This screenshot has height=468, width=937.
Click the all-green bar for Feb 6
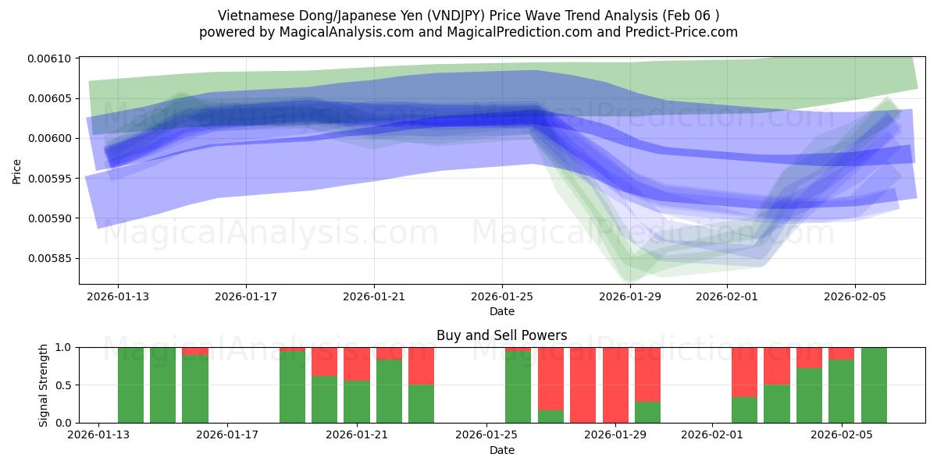tap(874, 385)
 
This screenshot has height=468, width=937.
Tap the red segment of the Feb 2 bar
tap(744, 372)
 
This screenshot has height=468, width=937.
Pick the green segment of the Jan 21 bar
tap(357, 402)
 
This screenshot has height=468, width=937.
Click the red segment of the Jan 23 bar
tap(422, 366)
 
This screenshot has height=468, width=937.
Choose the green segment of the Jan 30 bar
tap(647, 413)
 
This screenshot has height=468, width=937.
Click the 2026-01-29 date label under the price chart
tap(630, 296)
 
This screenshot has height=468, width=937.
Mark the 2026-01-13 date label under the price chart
tap(118, 296)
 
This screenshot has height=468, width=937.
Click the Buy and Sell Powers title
tap(501, 336)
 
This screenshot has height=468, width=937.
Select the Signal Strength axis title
tap(45, 385)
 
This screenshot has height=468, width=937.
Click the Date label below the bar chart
tap(501, 450)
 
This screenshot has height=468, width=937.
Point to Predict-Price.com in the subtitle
tap(686, 32)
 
